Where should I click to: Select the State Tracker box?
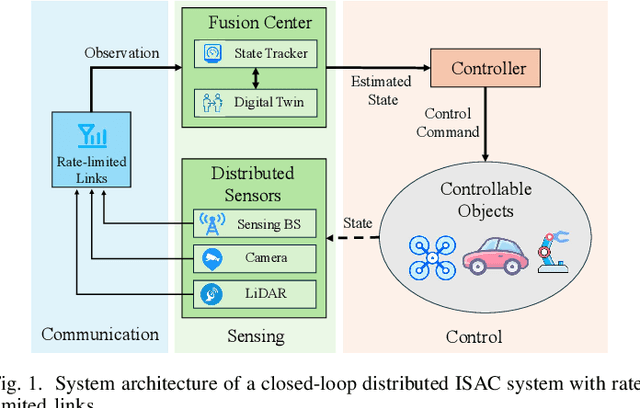coord(254,51)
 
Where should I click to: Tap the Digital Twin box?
coord(254,101)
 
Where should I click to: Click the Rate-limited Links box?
coord(82,151)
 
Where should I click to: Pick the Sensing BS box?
coord(254,224)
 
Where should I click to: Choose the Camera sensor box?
coord(254,259)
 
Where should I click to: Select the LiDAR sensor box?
coord(254,293)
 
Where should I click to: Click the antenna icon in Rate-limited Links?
coord(81,134)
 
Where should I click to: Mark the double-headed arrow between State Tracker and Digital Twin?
coord(254,76)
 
